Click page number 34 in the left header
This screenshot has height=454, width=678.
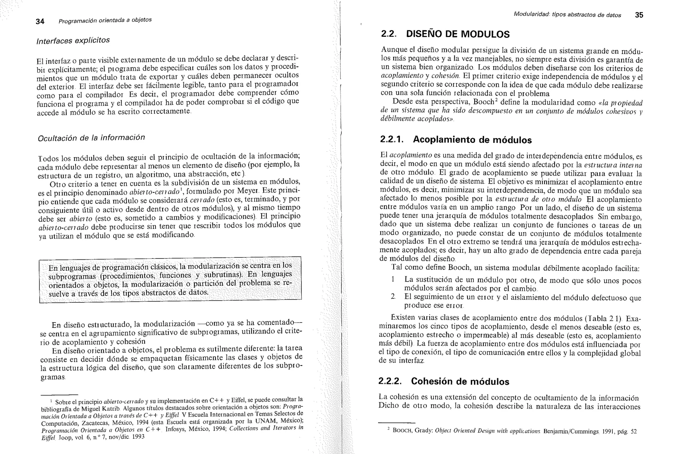(40, 22)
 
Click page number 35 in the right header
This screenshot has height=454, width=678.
(639, 15)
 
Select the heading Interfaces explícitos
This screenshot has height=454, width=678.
(73, 40)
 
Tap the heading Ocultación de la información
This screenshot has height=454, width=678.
(91, 138)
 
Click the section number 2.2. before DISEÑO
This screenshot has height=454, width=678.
(389, 34)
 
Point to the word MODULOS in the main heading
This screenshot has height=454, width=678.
(485, 34)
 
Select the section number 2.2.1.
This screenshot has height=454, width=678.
(392, 139)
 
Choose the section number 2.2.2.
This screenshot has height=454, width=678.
(390, 381)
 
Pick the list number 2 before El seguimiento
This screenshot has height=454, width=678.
(393, 296)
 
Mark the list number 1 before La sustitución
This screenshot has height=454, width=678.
(393, 279)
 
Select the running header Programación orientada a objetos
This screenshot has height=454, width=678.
(105, 21)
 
